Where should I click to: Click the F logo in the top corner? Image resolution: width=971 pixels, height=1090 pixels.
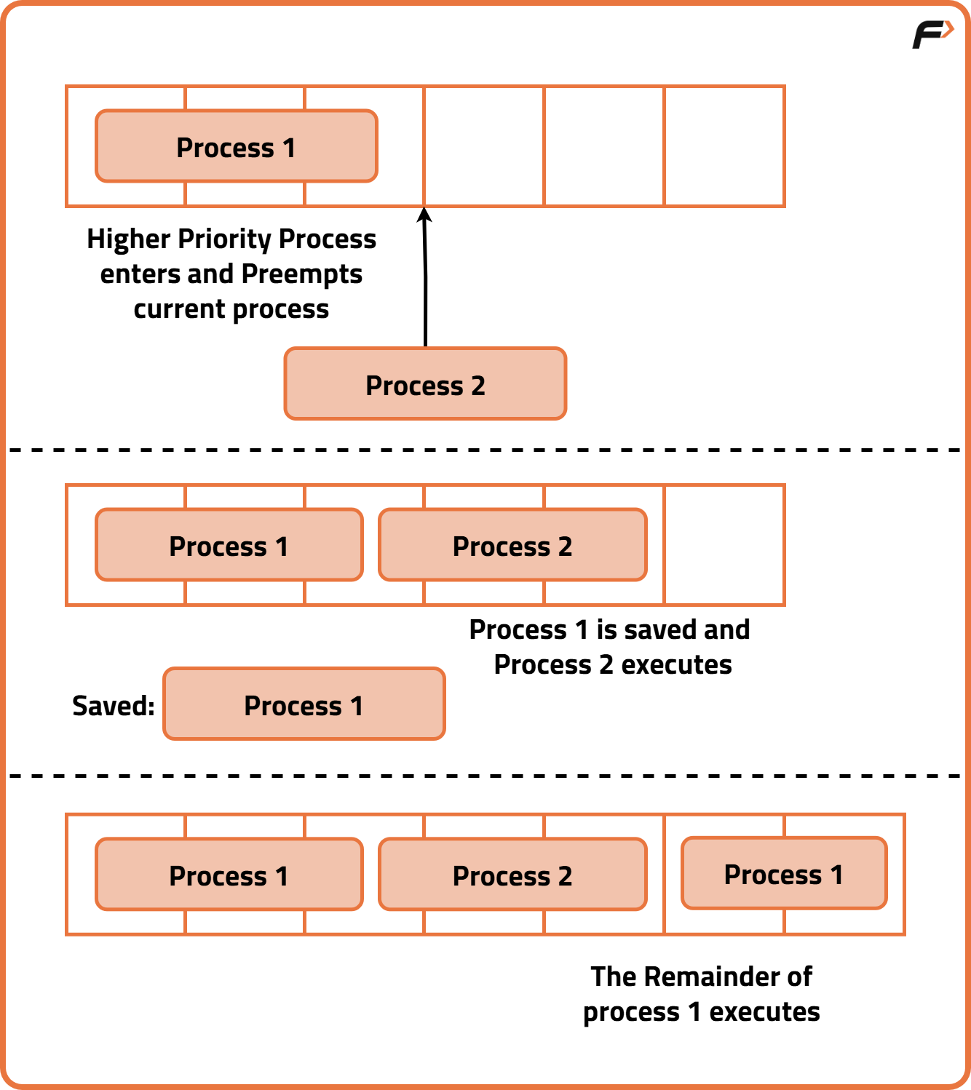click(932, 34)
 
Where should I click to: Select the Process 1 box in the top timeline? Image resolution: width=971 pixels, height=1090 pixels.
click(236, 146)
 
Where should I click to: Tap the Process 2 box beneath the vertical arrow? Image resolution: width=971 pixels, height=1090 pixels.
click(425, 384)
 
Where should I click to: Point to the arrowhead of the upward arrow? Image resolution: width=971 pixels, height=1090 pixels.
click(424, 214)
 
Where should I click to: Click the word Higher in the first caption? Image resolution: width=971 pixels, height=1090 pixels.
click(129, 239)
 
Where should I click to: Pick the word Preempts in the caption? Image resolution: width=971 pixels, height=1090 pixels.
click(301, 274)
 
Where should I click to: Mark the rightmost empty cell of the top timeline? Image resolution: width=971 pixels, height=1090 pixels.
click(724, 146)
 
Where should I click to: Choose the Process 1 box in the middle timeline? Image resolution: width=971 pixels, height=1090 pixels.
click(229, 545)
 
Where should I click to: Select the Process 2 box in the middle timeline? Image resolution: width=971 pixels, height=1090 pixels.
click(512, 545)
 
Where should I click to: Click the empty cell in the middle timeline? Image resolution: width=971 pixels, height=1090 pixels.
click(724, 545)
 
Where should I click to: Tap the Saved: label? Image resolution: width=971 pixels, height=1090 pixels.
click(114, 705)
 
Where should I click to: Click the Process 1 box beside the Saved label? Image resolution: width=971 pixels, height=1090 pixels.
click(304, 704)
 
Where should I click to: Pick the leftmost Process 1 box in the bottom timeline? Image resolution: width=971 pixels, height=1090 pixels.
click(229, 875)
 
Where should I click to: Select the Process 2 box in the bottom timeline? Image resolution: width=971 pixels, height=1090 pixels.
click(512, 875)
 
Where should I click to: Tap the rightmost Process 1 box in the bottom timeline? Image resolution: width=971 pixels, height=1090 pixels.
click(784, 873)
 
